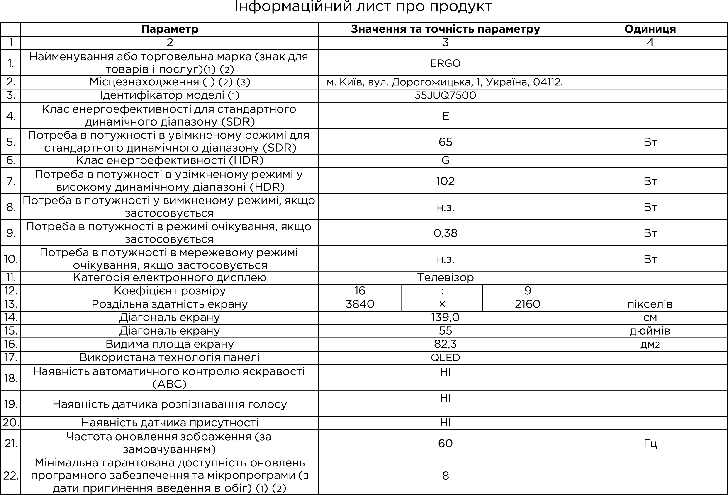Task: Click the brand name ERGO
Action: (x=445, y=63)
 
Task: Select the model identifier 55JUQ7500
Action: (x=445, y=95)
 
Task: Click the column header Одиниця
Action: (x=650, y=29)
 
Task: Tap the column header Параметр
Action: (x=169, y=29)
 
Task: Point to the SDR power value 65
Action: (x=445, y=142)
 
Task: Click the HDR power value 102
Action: (x=445, y=181)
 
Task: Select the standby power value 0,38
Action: (x=445, y=233)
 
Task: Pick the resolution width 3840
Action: (x=360, y=304)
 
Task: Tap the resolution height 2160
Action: (x=528, y=304)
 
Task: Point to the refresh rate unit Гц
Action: (x=650, y=443)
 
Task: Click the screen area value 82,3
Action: (x=445, y=344)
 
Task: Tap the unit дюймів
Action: (x=650, y=331)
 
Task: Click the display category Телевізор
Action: (x=445, y=277)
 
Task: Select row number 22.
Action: (x=11, y=476)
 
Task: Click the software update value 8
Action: (x=445, y=476)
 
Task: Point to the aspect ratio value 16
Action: (x=360, y=291)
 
